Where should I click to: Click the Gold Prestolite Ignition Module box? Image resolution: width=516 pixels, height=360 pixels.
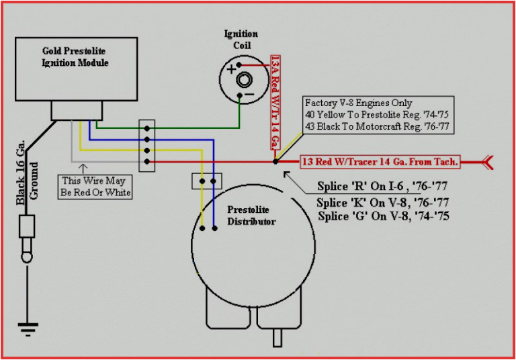(x=75, y=70)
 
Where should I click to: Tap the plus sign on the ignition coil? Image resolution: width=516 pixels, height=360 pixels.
(x=232, y=69)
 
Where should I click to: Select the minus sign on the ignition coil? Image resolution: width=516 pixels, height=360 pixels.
(x=248, y=95)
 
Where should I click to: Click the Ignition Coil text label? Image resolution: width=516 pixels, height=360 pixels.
(x=241, y=40)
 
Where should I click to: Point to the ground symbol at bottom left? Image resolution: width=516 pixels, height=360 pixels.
(x=27, y=330)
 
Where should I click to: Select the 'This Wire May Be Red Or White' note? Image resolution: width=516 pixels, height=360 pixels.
(x=96, y=187)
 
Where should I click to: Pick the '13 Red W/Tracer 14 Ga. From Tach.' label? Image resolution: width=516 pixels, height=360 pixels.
(x=379, y=162)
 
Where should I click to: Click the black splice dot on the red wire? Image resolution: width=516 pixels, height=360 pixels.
(x=276, y=162)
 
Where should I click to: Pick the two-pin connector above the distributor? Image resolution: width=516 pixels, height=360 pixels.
(x=207, y=181)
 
